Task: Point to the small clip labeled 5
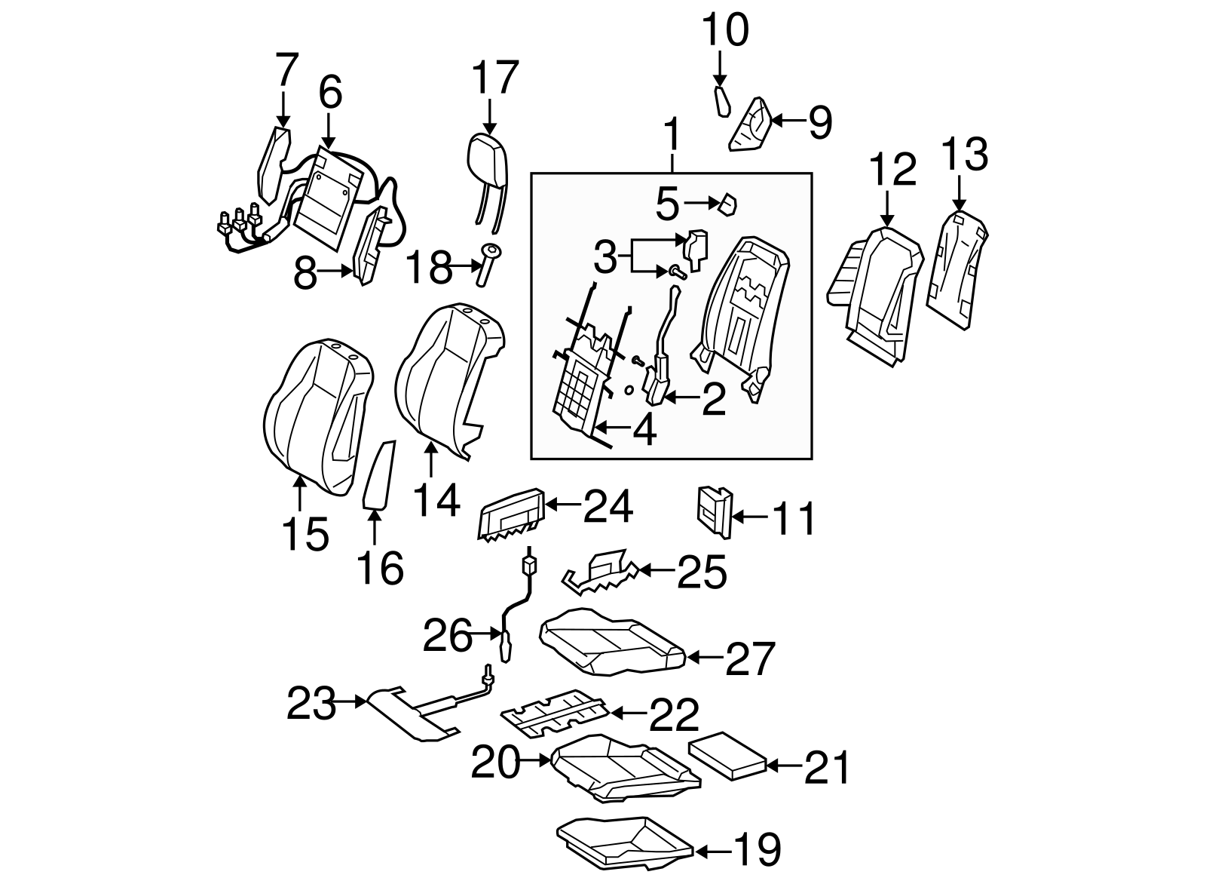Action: point(728,204)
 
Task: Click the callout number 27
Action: point(749,658)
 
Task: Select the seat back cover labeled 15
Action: point(317,415)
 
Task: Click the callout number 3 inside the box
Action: point(605,258)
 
